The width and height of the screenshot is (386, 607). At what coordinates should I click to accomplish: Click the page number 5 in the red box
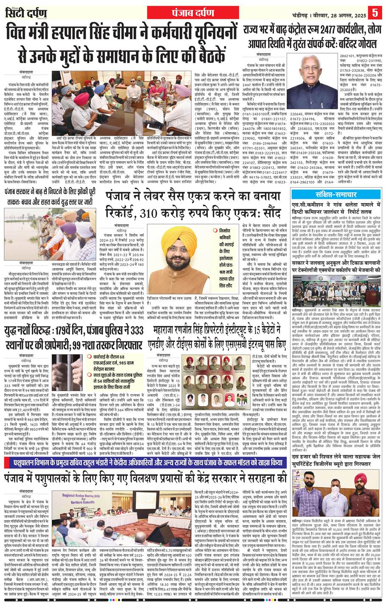375,11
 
